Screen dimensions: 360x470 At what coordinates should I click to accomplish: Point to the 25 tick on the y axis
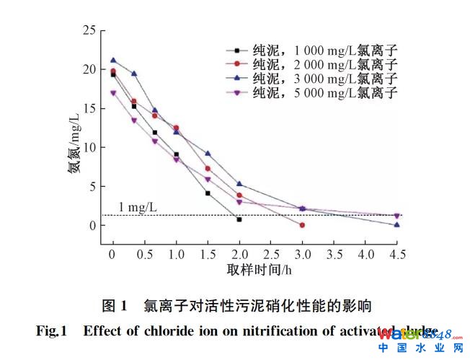[89, 30]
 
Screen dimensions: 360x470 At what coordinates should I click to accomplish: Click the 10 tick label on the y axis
[89, 147]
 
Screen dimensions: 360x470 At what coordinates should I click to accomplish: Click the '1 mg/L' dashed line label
[138, 207]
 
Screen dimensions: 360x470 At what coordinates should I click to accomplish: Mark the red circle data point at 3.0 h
[302, 225]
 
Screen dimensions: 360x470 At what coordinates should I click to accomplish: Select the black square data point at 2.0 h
[239, 219]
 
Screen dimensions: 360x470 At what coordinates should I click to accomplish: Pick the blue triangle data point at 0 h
[113, 61]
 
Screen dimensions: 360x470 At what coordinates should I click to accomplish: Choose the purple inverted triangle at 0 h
[113, 93]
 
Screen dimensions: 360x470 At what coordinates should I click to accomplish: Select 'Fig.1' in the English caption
[51, 332]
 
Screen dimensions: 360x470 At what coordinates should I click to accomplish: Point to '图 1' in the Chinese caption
[115, 305]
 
